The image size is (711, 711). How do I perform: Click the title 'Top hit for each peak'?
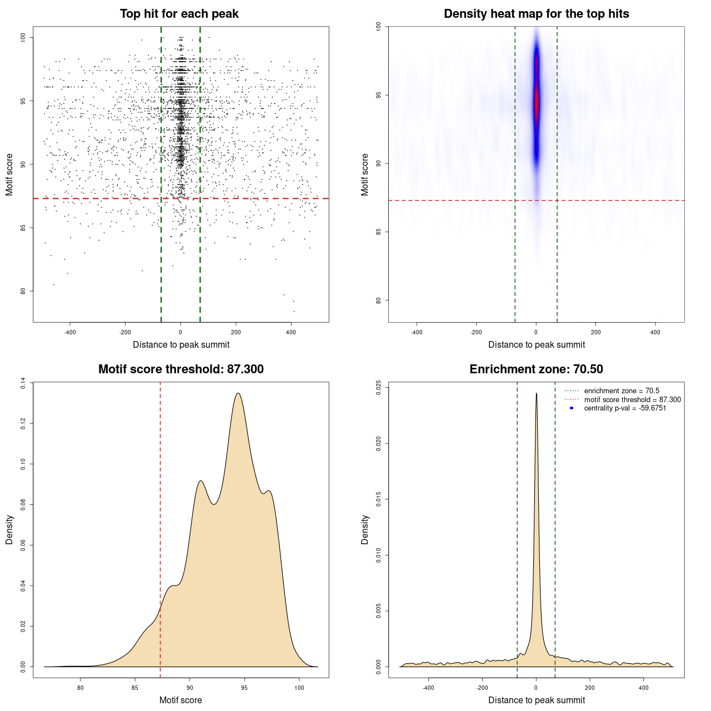coord(179,14)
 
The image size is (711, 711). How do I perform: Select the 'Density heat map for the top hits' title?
coord(536,14)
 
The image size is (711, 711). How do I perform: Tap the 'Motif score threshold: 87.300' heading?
coord(181,369)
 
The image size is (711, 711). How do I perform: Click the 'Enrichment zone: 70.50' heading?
coord(536,369)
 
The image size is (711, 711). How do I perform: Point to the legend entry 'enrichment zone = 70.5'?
coord(622,391)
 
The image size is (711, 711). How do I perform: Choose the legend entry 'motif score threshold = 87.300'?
coord(632,399)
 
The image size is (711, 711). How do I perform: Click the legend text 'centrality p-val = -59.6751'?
coord(625,408)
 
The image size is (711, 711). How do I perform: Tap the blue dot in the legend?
coord(572,408)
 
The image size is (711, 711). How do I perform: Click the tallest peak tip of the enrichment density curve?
coord(536,393)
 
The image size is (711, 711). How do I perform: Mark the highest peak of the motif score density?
coord(238,393)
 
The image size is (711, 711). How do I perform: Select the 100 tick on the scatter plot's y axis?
coord(23,37)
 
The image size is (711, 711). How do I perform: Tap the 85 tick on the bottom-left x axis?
coord(135,688)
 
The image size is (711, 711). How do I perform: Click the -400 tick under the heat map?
coord(417,332)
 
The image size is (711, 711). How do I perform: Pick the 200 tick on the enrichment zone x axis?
coord(590,688)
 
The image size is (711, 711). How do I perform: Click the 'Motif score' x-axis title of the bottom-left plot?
coord(181,700)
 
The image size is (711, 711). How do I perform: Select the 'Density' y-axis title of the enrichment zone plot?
coord(365,529)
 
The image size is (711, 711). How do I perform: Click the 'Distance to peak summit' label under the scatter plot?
coord(181,344)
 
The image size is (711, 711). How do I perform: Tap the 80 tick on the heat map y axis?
coord(378,301)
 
